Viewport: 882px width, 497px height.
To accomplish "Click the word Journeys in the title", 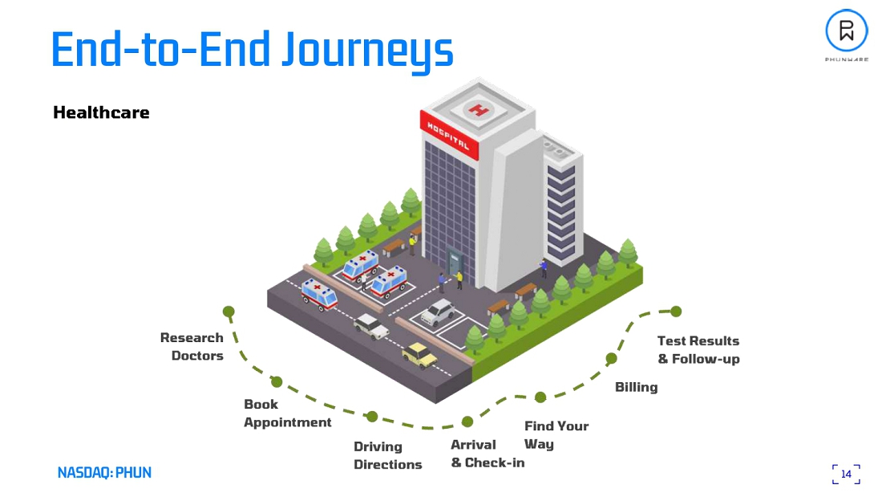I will coord(367,50).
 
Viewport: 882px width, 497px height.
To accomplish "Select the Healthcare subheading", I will coord(101,112).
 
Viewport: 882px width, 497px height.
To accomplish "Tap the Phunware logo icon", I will coord(846,31).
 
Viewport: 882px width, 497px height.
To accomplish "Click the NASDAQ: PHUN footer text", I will coord(104,472).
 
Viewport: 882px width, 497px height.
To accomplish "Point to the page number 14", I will coord(846,474).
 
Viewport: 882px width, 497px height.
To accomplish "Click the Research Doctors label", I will coord(192,346).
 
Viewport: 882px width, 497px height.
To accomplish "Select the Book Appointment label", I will coord(287,413).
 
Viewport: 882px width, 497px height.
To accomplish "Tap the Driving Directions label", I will coord(387,455).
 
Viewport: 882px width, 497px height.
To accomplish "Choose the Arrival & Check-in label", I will coord(487,454).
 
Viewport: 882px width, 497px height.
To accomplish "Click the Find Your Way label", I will coord(556,434).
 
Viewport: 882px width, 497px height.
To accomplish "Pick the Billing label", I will coord(636,387).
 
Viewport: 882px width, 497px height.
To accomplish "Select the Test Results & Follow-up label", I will coord(698,349).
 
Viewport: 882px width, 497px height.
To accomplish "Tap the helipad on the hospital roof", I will coord(478,110).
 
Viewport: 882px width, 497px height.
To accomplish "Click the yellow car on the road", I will coord(419,354).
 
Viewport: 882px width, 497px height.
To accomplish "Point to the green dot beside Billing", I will coord(611,358).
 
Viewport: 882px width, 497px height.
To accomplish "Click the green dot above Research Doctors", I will coord(229,312).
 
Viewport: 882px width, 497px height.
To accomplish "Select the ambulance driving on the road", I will coord(319,294).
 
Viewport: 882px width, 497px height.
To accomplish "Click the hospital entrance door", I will coord(455,265).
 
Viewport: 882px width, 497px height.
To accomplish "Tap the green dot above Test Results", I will coord(676,312).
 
